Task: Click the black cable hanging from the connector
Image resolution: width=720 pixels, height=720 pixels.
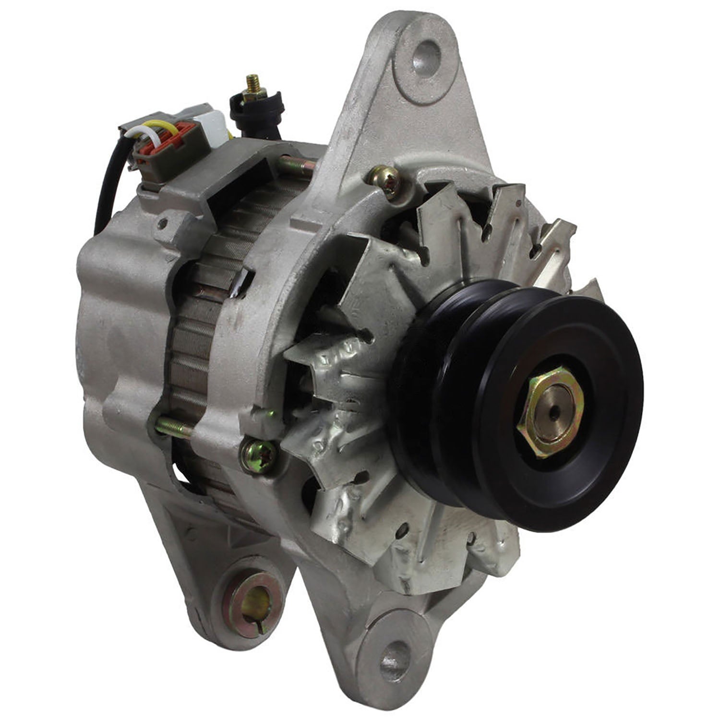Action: (103, 202)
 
